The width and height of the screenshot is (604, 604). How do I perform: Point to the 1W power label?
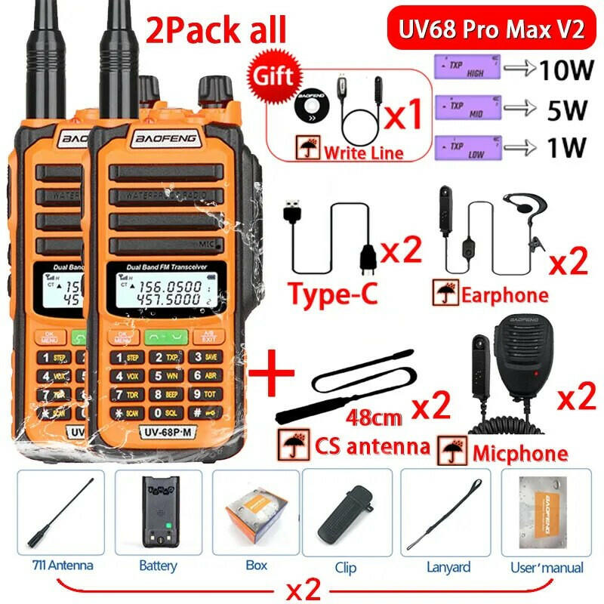(x=562, y=146)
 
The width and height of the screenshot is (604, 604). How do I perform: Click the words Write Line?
(x=363, y=153)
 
